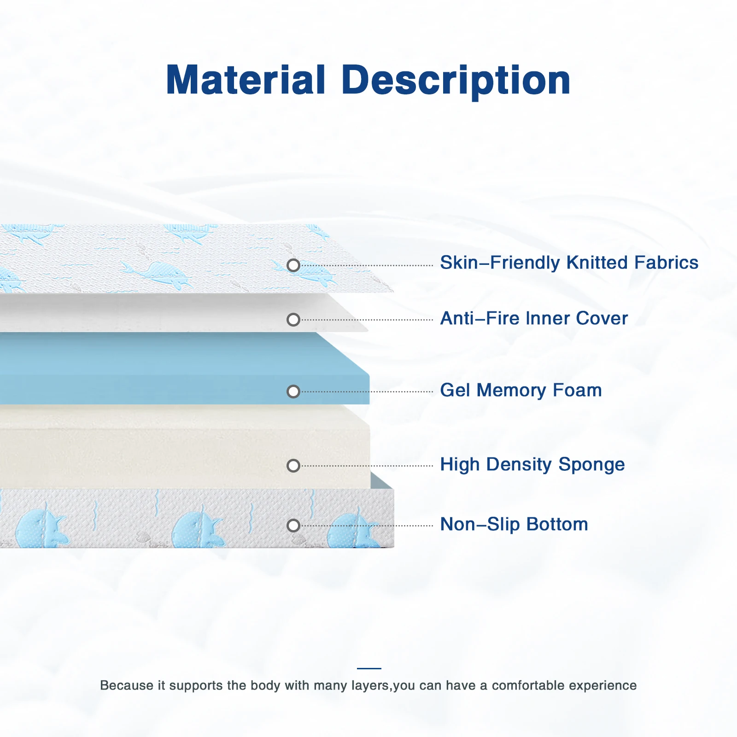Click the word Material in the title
(246, 80)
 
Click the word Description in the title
(456, 81)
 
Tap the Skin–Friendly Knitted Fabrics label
(569, 263)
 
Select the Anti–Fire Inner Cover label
(534, 318)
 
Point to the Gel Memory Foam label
(521, 391)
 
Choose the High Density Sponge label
(532, 465)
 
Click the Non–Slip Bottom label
(514, 525)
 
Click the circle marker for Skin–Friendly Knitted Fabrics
(293, 265)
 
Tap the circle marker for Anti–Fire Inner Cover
(293, 320)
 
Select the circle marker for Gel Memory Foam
(293, 392)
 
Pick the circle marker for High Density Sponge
(293, 466)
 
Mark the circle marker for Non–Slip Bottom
(293, 526)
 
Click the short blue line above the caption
(369, 668)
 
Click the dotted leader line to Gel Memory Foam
(367, 392)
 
